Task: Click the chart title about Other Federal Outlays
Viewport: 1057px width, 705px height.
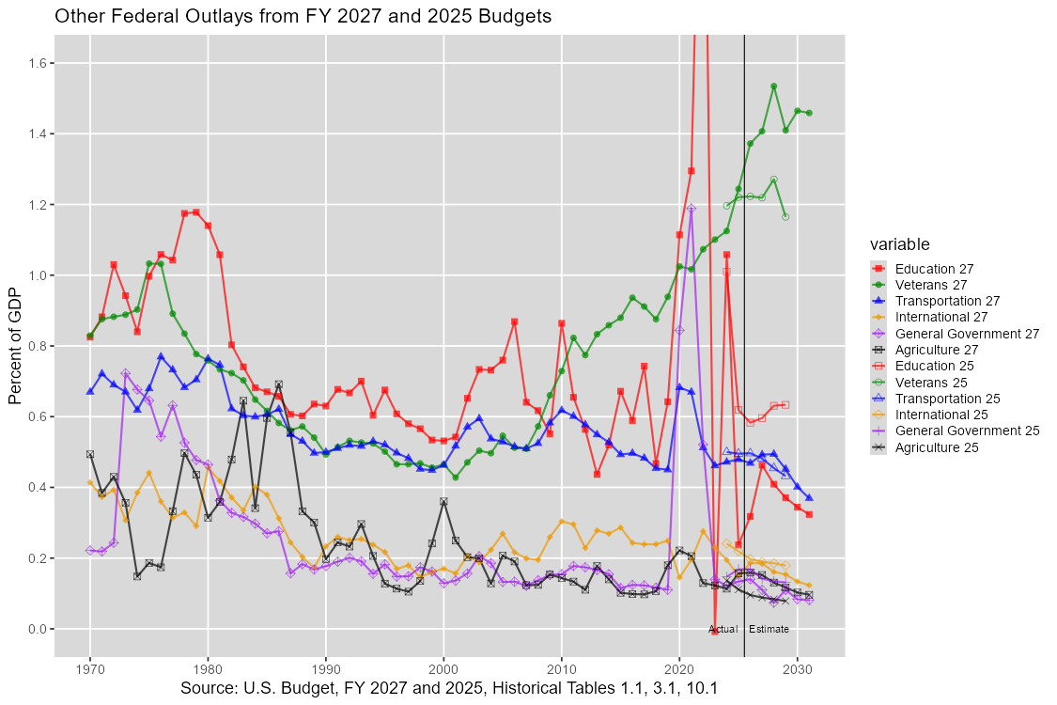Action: tap(303, 16)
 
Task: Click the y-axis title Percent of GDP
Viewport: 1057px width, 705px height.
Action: tap(15, 346)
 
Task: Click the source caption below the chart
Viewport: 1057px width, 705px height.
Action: tap(449, 688)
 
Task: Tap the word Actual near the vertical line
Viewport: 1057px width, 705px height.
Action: tap(723, 629)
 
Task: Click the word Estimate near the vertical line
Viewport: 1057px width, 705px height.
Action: tap(769, 629)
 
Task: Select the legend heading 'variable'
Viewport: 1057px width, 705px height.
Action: tap(900, 244)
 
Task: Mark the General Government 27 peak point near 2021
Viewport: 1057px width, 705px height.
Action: tap(691, 209)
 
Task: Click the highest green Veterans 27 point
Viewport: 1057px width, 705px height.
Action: tap(773, 86)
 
